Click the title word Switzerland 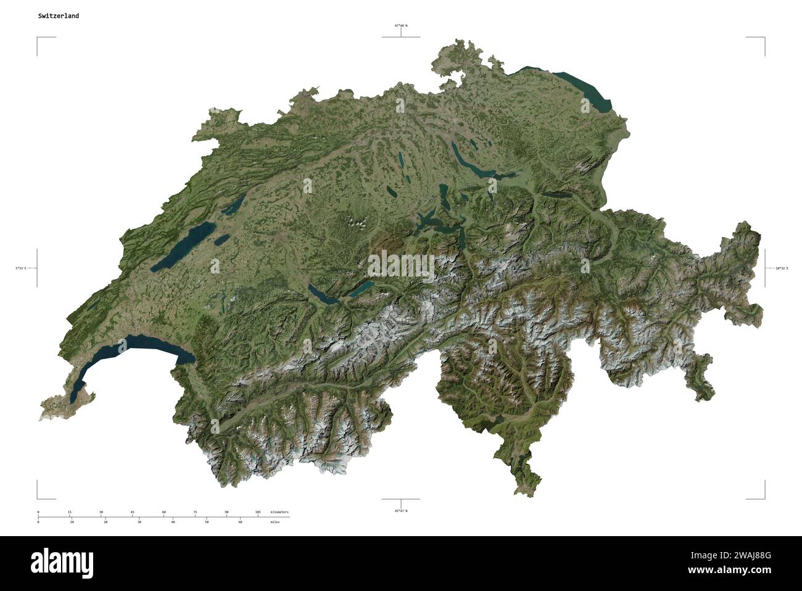click(x=58, y=16)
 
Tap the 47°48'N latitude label click(x=401, y=26)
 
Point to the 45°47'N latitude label click(x=401, y=511)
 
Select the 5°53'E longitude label click(x=22, y=268)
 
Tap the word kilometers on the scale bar click(x=279, y=512)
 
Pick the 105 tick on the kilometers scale click(x=258, y=512)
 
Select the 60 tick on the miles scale click(x=240, y=522)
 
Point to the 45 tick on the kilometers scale click(x=132, y=512)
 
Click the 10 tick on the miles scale click(x=72, y=522)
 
